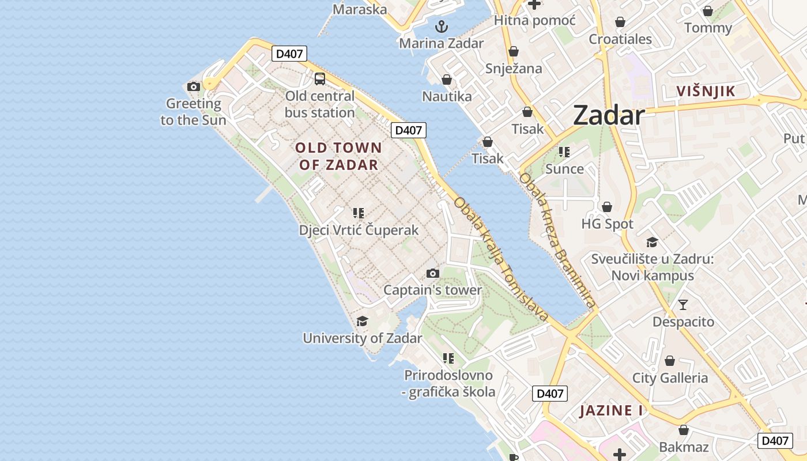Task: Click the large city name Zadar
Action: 609,116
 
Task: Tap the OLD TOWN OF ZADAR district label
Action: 338,156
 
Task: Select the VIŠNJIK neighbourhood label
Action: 706,91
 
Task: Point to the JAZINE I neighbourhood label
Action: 611,411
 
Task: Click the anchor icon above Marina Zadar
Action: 441,26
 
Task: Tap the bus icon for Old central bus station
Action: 319,79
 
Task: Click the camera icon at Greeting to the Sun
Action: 194,87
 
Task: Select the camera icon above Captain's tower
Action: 432,273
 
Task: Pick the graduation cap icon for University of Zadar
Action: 362,321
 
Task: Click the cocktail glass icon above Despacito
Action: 683,304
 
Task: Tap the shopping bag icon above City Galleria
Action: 670,361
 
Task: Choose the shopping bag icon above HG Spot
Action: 607,207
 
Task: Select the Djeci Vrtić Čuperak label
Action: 359,230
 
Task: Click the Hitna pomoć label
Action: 534,21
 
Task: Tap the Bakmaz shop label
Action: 683,447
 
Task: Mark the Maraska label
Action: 360,9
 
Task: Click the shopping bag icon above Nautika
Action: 446,80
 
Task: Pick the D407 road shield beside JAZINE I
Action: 549,394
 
